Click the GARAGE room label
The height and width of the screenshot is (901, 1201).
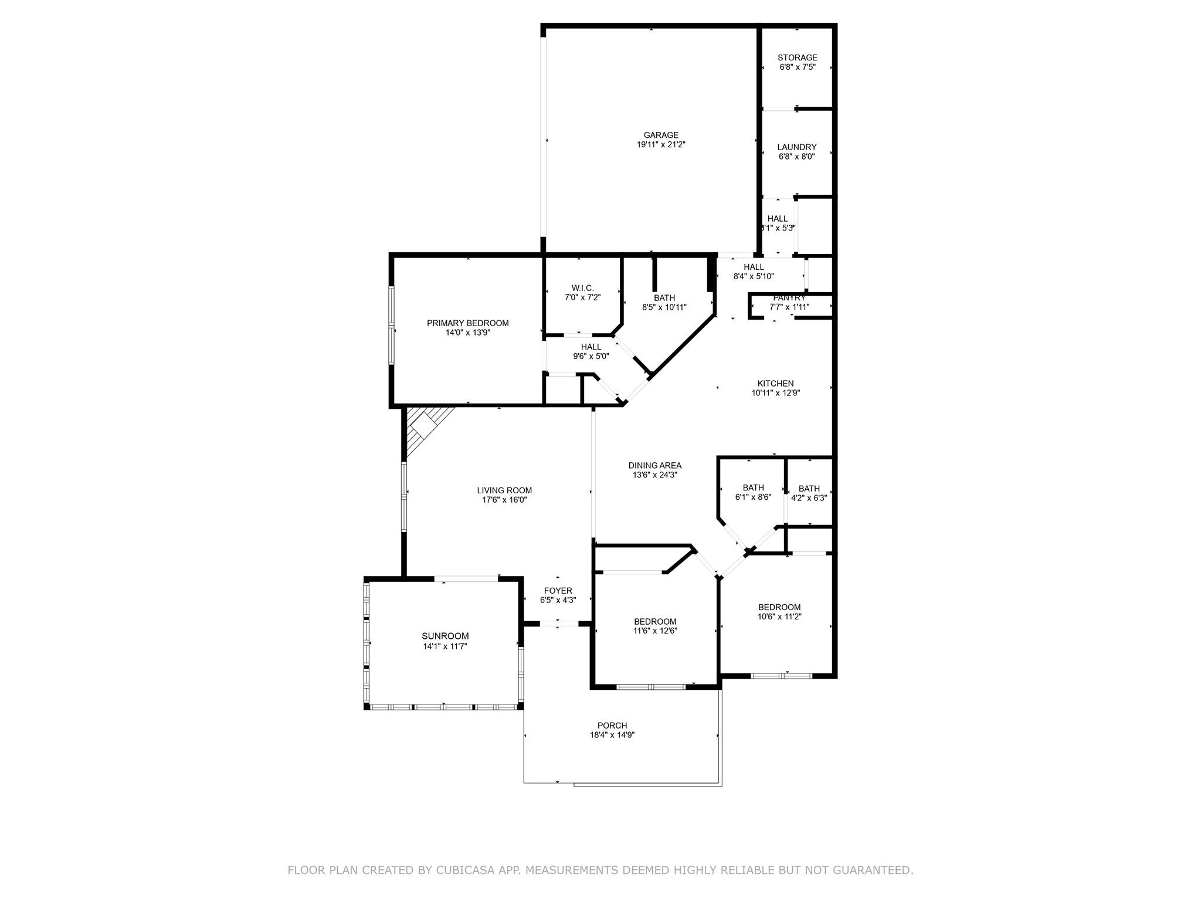(x=661, y=135)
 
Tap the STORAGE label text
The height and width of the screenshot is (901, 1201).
(x=797, y=57)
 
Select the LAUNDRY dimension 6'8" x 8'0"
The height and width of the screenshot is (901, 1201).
(x=797, y=157)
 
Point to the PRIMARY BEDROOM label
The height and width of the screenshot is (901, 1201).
(x=467, y=323)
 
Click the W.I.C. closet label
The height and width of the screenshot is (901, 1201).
(x=582, y=288)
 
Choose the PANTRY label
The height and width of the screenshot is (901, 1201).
(x=789, y=298)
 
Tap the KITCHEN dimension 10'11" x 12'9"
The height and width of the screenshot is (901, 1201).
(x=776, y=393)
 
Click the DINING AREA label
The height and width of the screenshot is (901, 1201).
(x=654, y=466)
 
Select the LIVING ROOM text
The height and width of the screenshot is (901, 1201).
(x=504, y=490)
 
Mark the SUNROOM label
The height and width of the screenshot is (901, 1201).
(x=445, y=636)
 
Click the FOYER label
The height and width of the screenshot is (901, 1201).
(x=558, y=591)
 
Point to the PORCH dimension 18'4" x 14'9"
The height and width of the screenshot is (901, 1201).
(x=612, y=735)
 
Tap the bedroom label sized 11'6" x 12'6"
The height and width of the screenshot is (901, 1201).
(x=655, y=622)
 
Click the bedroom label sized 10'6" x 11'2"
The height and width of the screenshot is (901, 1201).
(x=779, y=607)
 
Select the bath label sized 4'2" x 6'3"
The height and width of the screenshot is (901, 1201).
(x=809, y=489)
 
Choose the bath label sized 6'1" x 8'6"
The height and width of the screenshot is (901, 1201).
(x=753, y=487)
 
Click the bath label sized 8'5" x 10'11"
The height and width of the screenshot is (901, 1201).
(x=664, y=298)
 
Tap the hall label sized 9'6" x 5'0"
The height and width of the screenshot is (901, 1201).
(x=591, y=347)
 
